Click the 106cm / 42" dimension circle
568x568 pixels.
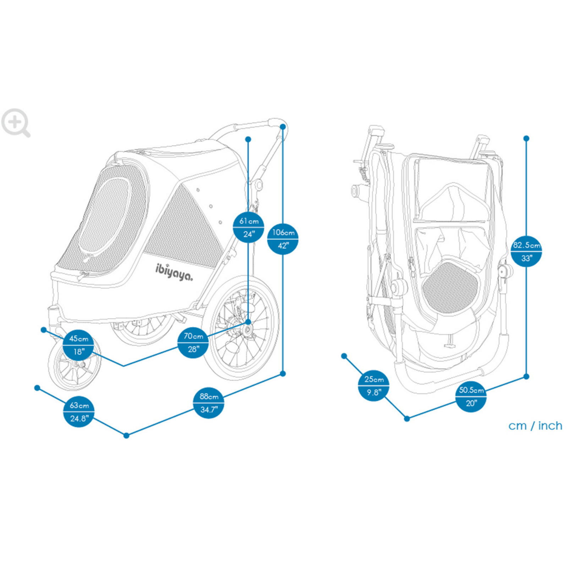(x=283, y=239)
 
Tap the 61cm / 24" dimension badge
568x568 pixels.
(x=248, y=227)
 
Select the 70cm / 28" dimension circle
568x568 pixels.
(x=193, y=342)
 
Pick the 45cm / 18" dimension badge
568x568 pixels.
(x=78, y=345)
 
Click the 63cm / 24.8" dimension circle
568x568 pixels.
(x=78, y=411)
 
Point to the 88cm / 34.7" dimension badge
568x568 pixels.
(x=209, y=403)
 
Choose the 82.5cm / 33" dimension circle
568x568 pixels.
(x=526, y=251)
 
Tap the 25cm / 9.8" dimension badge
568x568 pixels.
(x=373, y=386)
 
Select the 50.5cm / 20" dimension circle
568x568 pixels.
(x=471, y=396)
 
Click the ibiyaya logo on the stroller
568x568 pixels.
(x=174, y=272)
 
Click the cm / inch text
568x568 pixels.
(x=535, y=425)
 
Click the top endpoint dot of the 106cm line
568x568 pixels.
(x=283, y=127)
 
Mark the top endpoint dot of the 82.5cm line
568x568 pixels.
(x=526, y=138)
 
